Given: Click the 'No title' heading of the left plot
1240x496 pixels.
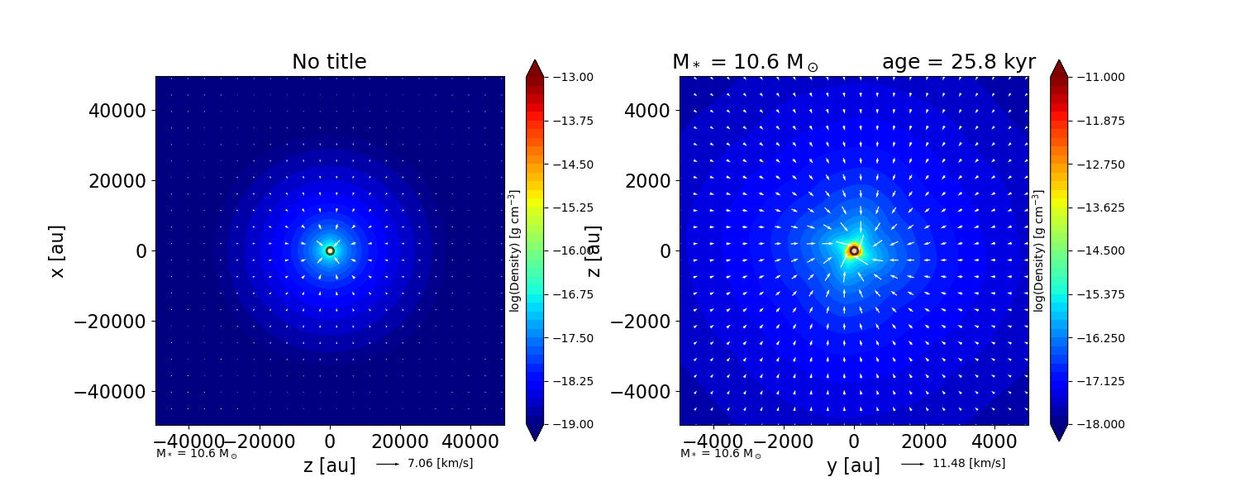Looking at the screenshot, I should (329, 62).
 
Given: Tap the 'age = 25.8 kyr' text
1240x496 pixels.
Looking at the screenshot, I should (958, 62).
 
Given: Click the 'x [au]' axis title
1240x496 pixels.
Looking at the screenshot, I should (57, 250).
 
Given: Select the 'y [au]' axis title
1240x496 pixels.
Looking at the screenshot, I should (853, 465).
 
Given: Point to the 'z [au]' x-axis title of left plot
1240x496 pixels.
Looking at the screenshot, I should (329, 465).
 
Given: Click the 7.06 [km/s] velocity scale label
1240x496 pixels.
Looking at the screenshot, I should (440, 463).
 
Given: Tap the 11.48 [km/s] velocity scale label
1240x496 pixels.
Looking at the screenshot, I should (968, 463).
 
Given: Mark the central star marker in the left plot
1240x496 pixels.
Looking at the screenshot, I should (330, 250).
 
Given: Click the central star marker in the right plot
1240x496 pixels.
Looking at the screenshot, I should (854, 250).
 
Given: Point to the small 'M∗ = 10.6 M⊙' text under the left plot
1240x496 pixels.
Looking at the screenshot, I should (197, 454).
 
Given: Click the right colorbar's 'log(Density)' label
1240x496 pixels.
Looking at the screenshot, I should (1039, 250).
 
